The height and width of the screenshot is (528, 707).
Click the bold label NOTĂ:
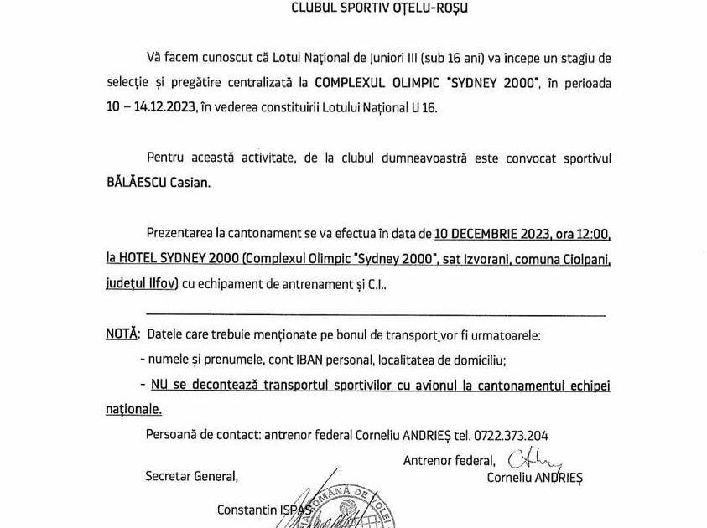click(122, 334)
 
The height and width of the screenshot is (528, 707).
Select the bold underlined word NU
click(159, 385)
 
